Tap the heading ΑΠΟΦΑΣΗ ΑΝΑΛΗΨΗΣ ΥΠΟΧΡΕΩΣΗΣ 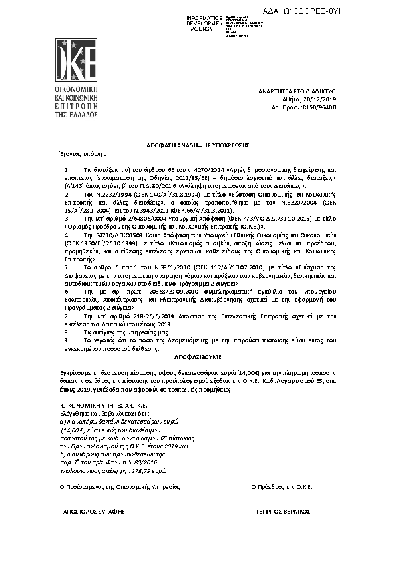click(x=198, y=145)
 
